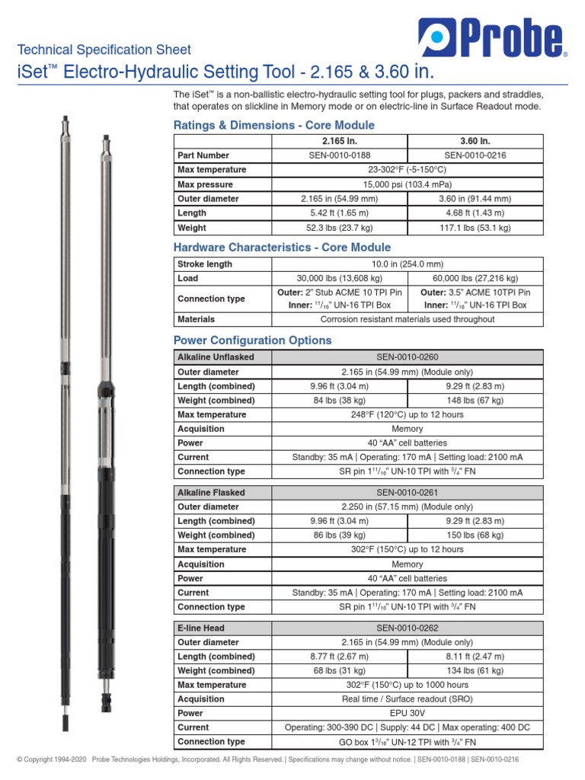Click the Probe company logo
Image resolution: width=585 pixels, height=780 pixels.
[x=491, y=39]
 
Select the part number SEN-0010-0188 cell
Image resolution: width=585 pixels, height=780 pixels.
[x=340, y=155]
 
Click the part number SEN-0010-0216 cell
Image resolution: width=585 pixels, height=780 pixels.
[x=475, y=155]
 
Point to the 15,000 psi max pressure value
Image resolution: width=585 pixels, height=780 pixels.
[x=408, y=184]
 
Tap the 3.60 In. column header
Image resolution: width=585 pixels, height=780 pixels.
[x=475, y=142]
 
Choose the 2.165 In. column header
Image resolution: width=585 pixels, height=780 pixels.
[x=340, y=142]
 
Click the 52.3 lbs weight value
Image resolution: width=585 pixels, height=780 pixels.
[x=340, y=228]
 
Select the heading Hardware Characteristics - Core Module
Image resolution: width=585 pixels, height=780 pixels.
[x=283, y=248]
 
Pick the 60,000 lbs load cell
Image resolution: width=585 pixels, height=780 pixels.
[x=475, y=279]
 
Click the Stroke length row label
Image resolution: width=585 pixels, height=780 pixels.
[x=205, y=264]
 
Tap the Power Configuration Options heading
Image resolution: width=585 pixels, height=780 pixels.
[x=253, y=340]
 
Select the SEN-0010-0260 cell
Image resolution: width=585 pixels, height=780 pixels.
[x=408, y=357]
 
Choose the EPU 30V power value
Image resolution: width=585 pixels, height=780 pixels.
[x=408, y=713]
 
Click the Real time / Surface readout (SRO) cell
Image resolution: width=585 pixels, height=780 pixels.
[x=408, y=699]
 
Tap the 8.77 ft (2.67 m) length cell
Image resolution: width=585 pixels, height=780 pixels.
[x=340, y=657]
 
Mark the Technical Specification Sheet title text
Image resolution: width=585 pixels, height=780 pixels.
[x=104, y=50]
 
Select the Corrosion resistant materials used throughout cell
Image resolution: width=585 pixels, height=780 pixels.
[x=408, y=319]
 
